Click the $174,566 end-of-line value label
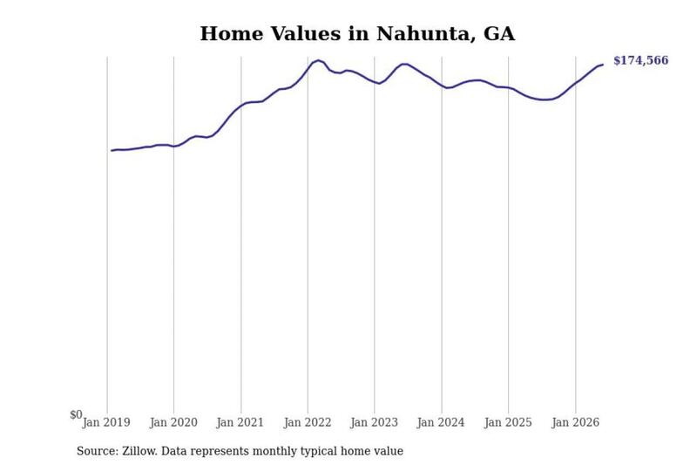pyautogui.click(x=640, y=60)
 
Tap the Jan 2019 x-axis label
pyautogui.click(x=106, y=422)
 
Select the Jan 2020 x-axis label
pyautogui.click(x=173, y=422)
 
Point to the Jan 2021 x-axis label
pyautogui.click(x=240, y=422)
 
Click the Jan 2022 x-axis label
pyautogui.click(x=308, y=422)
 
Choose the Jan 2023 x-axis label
pyautogui.click(x=374, y=422)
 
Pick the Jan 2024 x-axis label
pyautogui.click(x=441, y=422)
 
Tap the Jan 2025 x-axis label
pyautogui.click(x=508, y=422)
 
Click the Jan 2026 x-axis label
pyautogui.click(x=575, y=422)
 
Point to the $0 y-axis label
pyautogui.click(x=76, y=414)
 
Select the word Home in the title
pyautogui.click(x=232, y=34)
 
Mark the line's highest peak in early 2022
pyautogui.click(x=318, y=60)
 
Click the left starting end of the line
pyautogui.click(x=112, y=150)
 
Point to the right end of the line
pyautogui.click(x=603, y=65)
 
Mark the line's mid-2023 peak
pyautogui.click(x=404, y=64)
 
